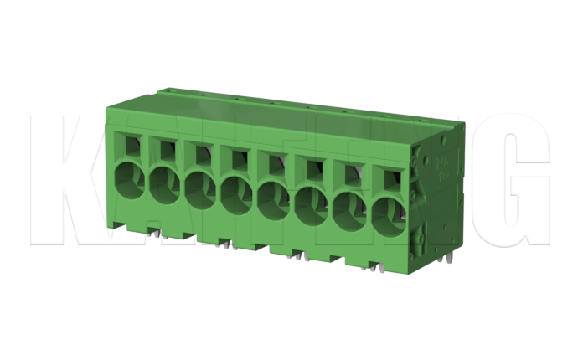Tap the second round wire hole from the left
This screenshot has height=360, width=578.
point(164,183)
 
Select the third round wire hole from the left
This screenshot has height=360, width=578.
point(200,188)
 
